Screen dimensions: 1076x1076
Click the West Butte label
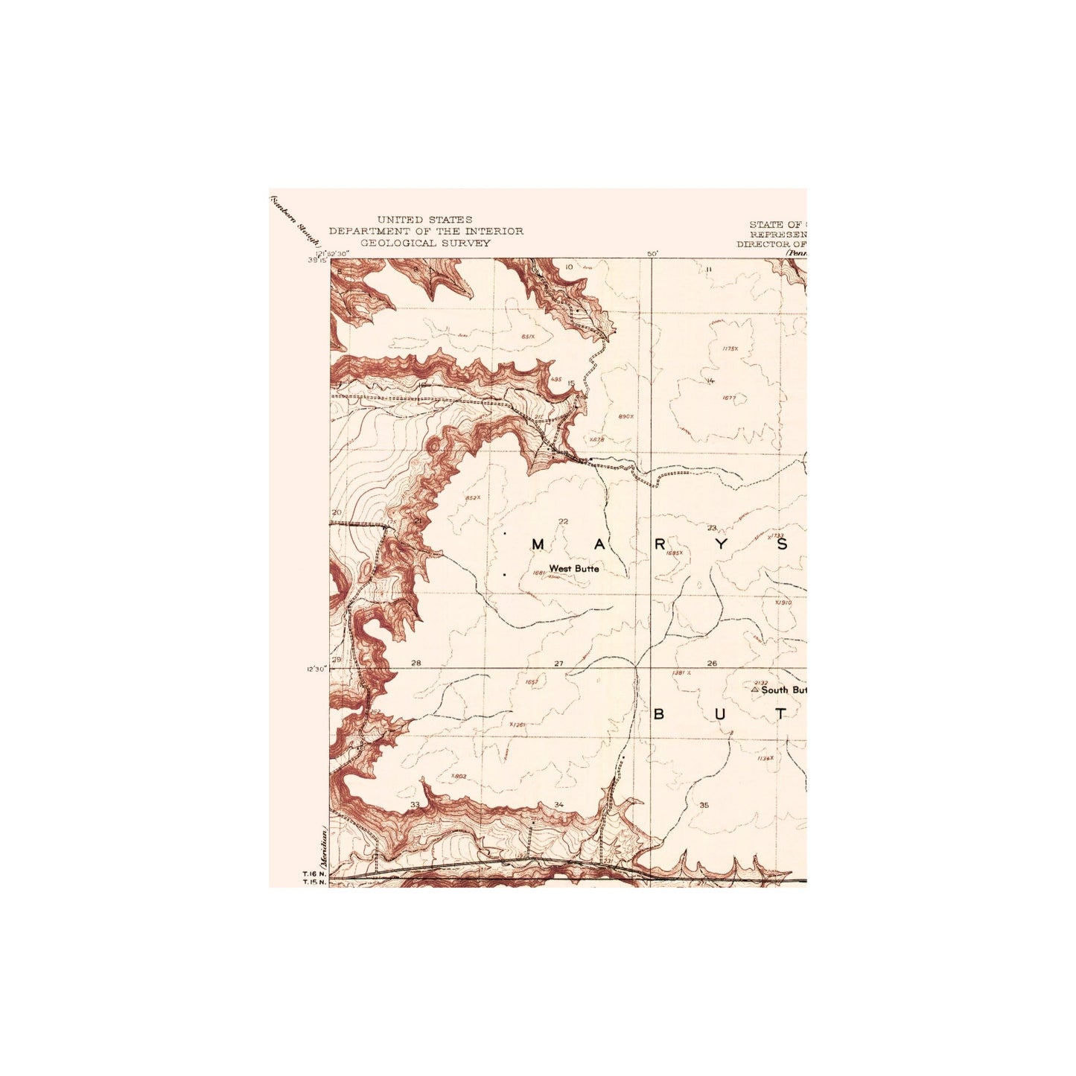573,569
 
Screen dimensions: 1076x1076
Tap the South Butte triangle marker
754,690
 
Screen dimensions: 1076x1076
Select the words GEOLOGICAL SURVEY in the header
425,243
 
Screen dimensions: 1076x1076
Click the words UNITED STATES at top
424,220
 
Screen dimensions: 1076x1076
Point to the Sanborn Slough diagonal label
294,220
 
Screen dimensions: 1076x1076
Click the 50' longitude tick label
652,254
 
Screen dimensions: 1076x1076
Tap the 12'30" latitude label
316,669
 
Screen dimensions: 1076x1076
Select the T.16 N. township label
313,874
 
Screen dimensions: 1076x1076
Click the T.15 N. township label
313,883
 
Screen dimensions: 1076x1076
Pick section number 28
416,663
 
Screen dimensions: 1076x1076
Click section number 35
704,805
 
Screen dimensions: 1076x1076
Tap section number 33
415,805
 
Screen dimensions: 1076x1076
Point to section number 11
709,269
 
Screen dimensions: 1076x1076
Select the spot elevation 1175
730,348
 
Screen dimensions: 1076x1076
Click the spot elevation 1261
518,724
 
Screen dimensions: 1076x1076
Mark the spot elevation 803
459,776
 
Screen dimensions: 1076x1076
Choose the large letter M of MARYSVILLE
538,544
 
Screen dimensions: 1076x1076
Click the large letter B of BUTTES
658,715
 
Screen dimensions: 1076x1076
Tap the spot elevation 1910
783,602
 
